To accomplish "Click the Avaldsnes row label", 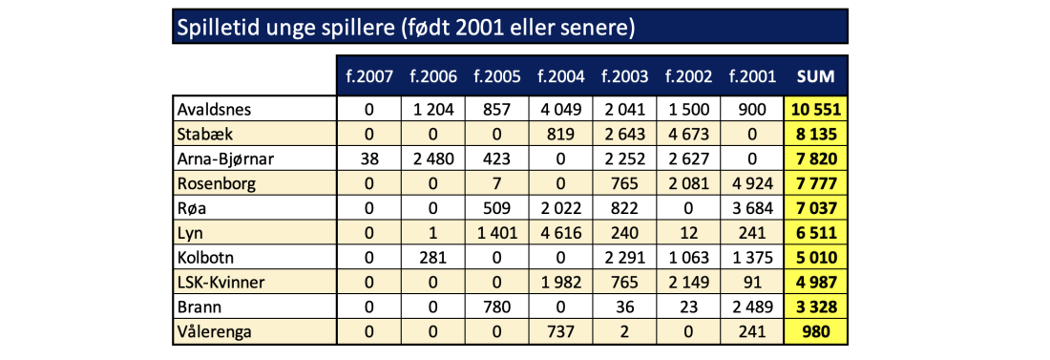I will (x=213, y=109).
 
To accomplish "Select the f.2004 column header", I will (x=560, y=76).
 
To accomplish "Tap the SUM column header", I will (x=815, y=76).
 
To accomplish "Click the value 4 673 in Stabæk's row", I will (x=688, y=134).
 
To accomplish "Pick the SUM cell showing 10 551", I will (x=815, y=109).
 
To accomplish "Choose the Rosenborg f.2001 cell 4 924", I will (x=752, y=183).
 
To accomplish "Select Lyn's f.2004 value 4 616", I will (x=560, y=233).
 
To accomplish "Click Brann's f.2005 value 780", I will (x=496, y=307).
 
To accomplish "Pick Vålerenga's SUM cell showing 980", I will (x=815, y=332).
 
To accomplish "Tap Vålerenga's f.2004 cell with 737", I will (x=560, y=332).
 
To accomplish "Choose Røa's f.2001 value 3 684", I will (x=752, y=208).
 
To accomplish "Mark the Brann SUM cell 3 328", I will (x=815, y=307).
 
